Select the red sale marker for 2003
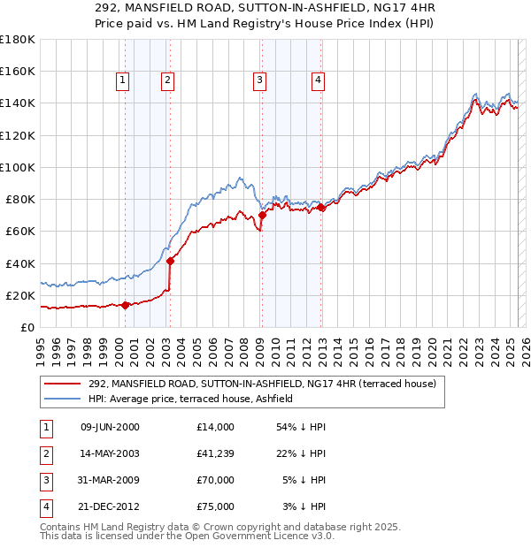coord(170,260)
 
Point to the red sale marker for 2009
coord(262,215)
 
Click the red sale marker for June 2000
coord(125,305)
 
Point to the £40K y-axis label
coord(19,263)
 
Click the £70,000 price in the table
coord(216,481)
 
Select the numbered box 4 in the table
coord(45,507)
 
